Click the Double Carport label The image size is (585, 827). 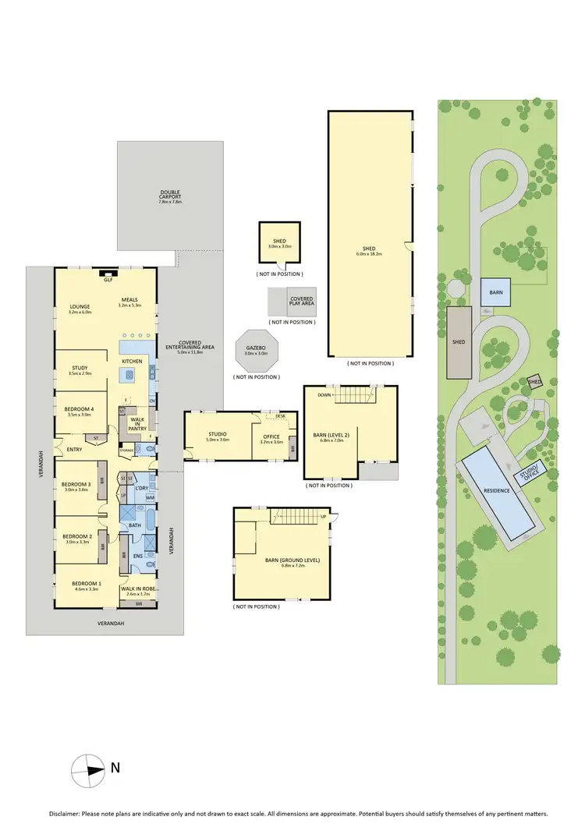170,193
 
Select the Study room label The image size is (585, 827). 80,368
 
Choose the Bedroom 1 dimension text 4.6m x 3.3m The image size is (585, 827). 85,591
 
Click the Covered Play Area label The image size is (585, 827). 302,299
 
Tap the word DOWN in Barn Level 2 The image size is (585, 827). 324,394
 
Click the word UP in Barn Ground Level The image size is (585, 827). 322,517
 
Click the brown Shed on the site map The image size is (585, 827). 459,341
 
